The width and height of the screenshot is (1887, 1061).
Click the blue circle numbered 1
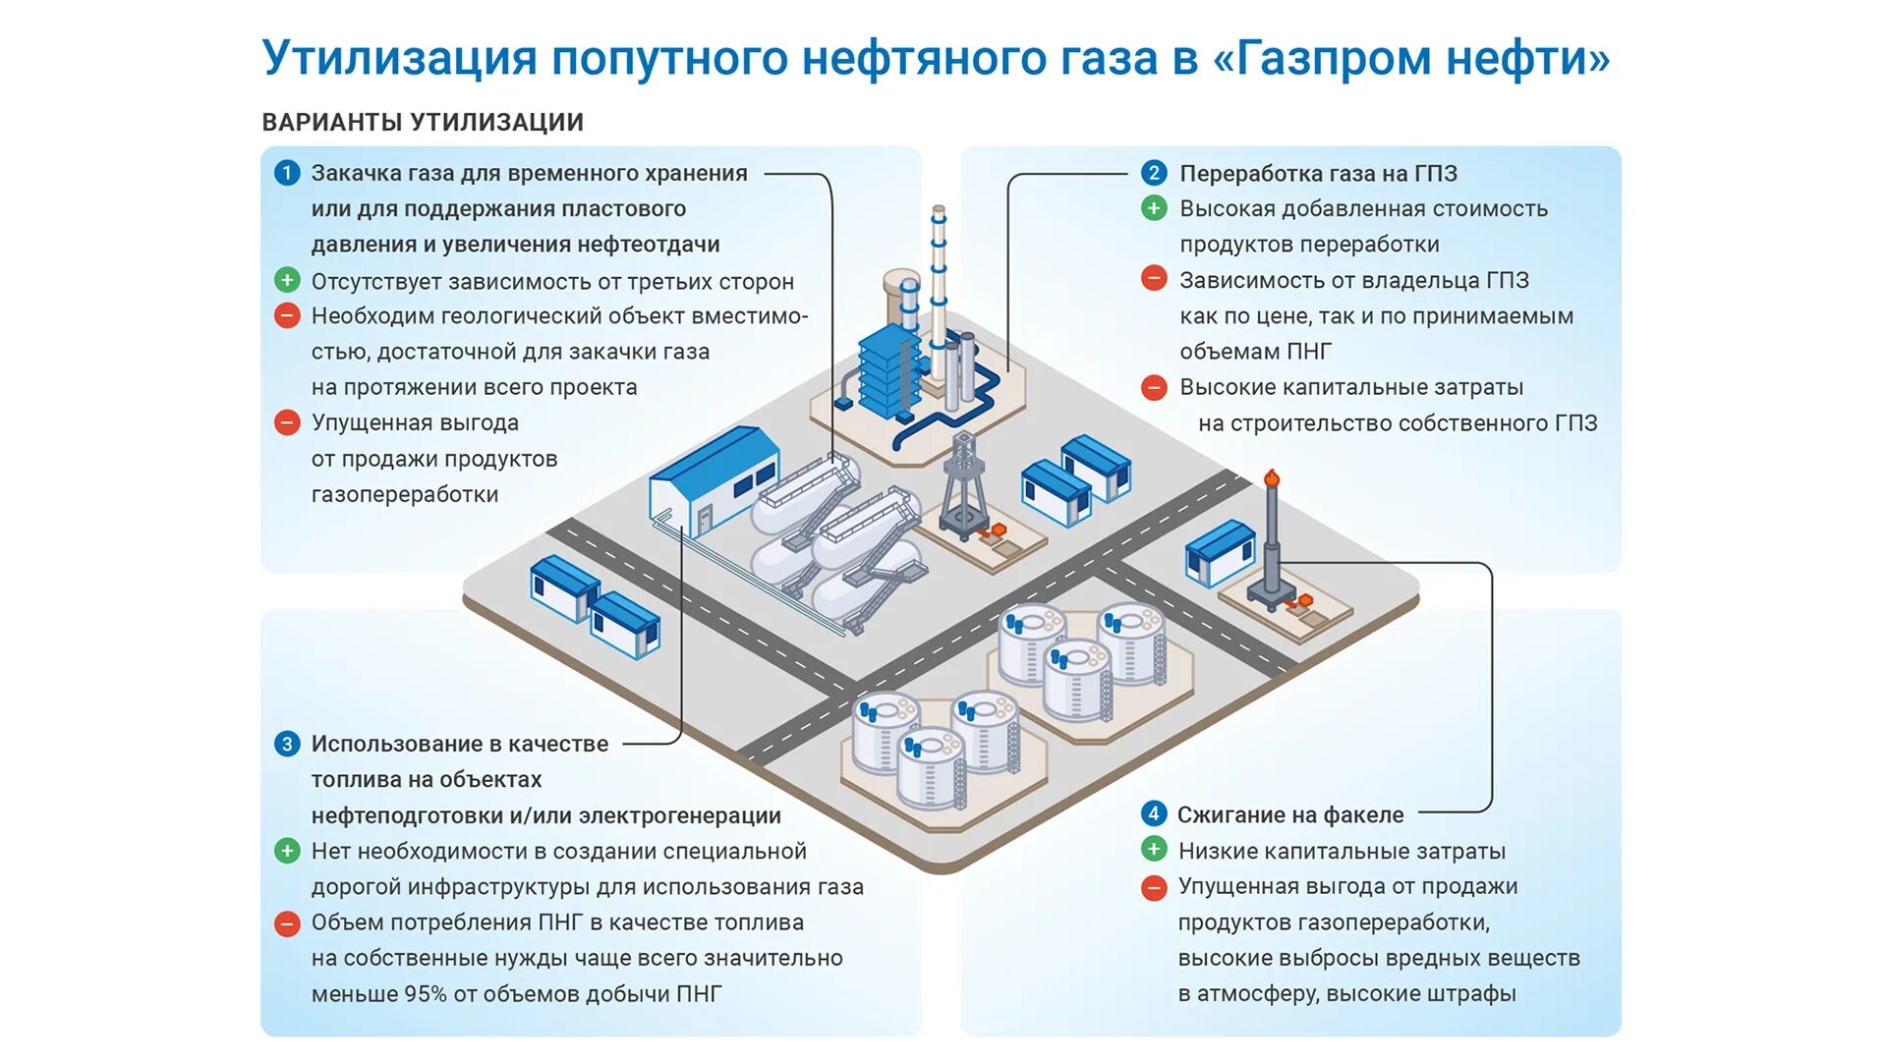click(286, 174)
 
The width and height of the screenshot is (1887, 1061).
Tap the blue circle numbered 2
click(1154, 174)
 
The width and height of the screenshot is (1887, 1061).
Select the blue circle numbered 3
click(286, 744)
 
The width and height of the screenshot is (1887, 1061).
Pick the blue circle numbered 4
click(1154, 813)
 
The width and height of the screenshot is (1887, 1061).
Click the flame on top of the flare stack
click(1272, 477)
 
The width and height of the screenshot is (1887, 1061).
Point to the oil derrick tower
click(963, 486)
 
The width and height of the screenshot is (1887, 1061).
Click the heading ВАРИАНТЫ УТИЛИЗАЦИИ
click(423, 123)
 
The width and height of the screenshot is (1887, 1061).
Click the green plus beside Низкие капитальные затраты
click(1154, 850)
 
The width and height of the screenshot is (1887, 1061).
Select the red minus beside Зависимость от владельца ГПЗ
click(1154, 279)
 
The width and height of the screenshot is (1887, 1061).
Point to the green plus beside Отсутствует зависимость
click(286, 280)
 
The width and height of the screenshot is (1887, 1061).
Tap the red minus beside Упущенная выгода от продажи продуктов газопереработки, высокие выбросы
click(1154, 887)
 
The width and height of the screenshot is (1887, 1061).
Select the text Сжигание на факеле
click(1290, 814)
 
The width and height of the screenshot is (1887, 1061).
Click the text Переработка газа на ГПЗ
click(1318, 174)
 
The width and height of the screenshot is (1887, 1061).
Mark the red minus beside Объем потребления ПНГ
click(286, 923)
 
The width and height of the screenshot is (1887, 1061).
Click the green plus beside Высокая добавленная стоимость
click(1154, 208)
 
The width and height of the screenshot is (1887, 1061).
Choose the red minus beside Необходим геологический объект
click(286, 316)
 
